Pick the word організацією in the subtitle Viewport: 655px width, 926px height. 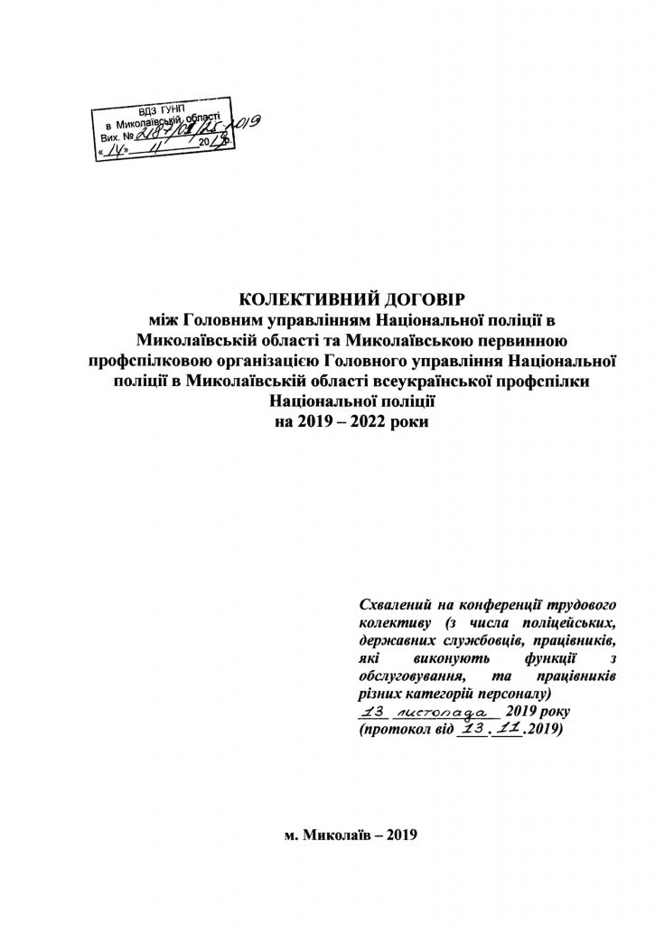point(264,362)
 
